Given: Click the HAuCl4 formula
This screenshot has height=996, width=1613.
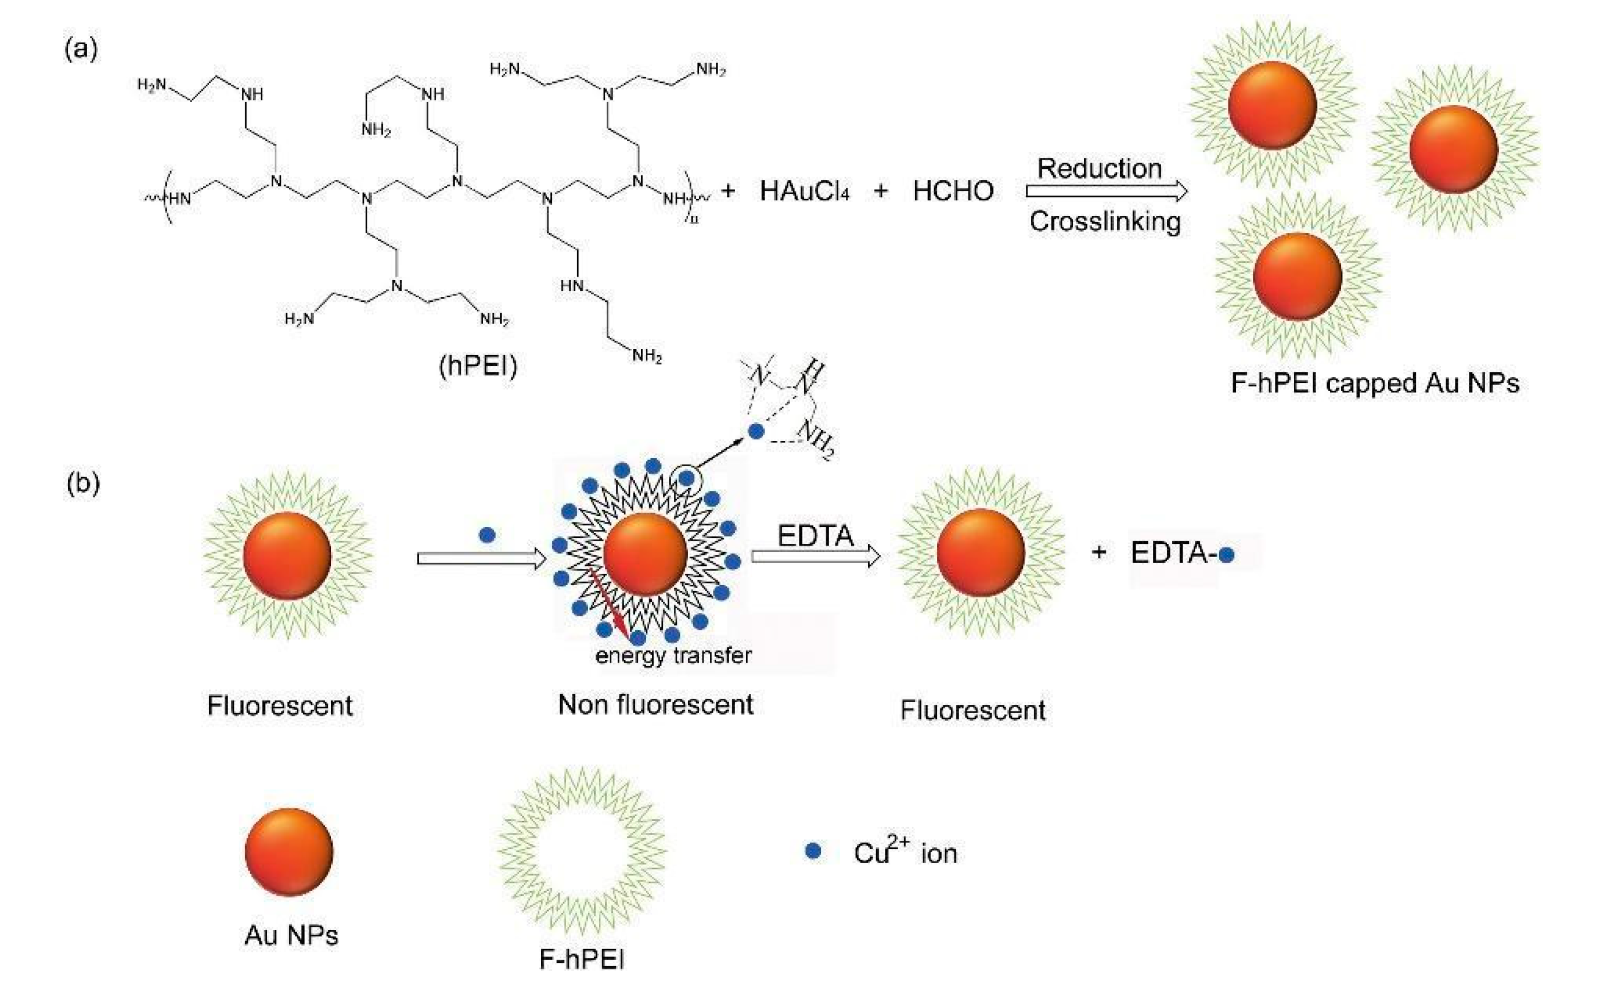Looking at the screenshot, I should [804, 191].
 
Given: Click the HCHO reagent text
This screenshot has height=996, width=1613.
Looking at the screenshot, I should [953, 191].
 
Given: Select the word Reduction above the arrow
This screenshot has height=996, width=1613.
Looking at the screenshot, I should [1099, 168].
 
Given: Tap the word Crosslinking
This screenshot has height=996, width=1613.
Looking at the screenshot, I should [1105, 221].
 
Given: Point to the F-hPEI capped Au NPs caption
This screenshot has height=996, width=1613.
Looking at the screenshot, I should [1375, 383].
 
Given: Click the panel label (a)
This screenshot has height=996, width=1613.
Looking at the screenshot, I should [81, 49].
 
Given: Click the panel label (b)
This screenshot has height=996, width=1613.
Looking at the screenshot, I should [83, 483].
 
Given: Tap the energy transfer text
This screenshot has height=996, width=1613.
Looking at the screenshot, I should [673, 655].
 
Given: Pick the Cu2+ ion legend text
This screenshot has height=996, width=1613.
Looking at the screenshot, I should [905, 852].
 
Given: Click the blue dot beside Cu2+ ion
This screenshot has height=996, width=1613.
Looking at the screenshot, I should [813, 852].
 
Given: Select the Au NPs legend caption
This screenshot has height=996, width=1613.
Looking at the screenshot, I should [291, 935].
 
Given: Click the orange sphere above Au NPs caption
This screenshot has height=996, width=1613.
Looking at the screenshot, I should [289, 852].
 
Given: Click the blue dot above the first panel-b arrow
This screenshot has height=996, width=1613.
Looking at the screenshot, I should [487, 535].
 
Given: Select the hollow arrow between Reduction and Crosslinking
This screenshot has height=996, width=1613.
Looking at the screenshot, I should [1106, 192].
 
